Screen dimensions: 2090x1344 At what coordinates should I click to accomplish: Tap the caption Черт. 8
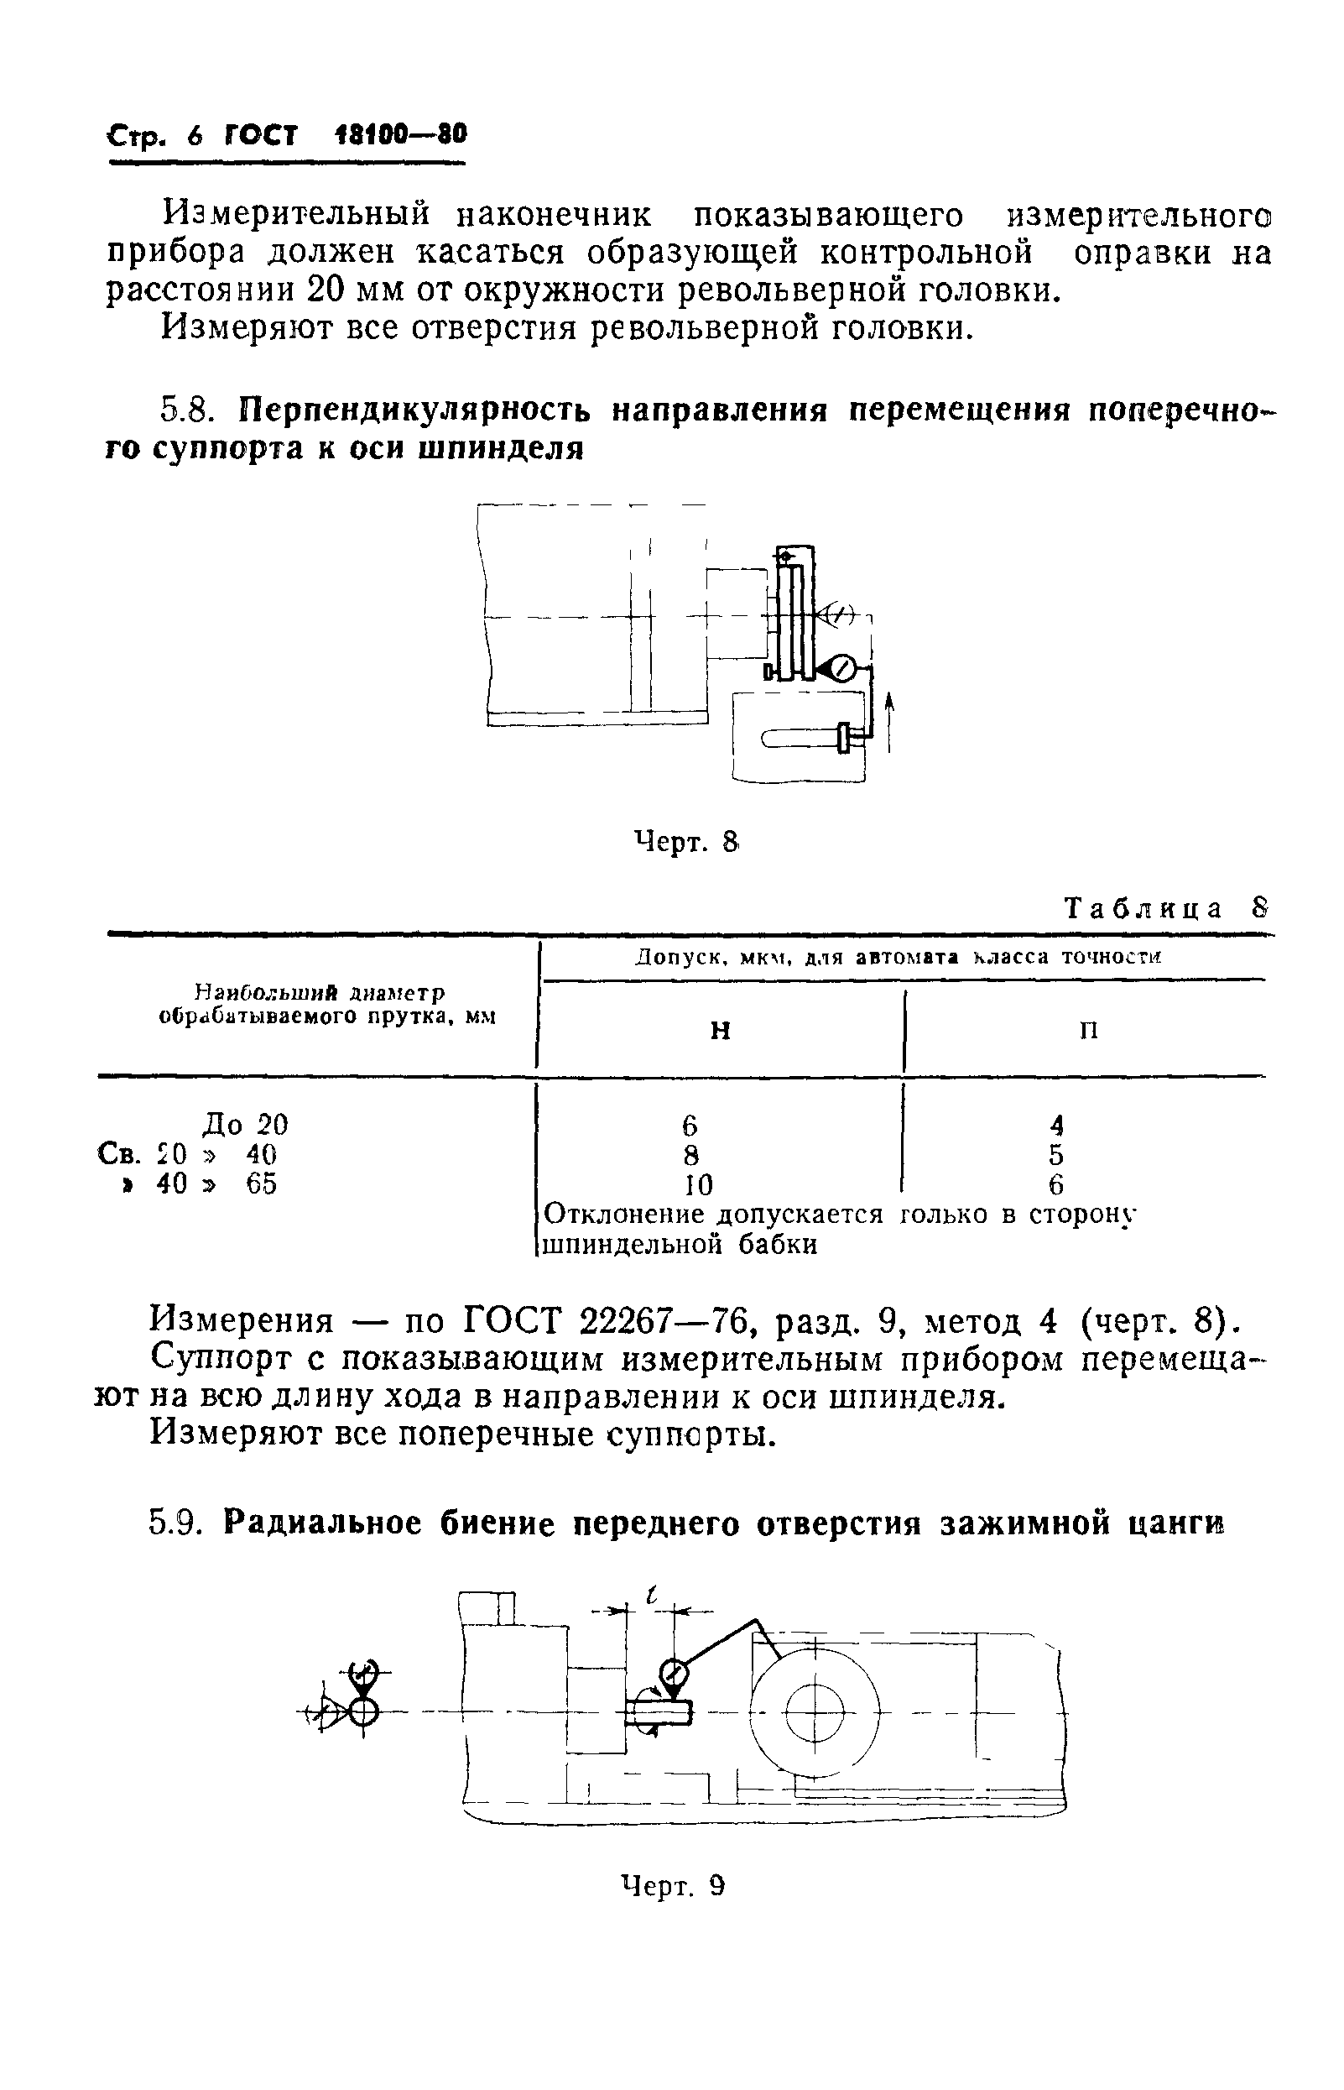point(686,843)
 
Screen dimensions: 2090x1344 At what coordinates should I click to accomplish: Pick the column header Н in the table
point(720,1031)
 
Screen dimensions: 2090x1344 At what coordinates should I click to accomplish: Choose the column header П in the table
point(1088,1031)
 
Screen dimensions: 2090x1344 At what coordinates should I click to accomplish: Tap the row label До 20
point(244,1125)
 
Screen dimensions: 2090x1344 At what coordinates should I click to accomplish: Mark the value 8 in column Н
point(691,1155)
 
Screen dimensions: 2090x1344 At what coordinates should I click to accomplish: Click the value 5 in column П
point(1056,1155)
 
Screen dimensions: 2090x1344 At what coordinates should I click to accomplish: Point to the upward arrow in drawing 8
point(888,722)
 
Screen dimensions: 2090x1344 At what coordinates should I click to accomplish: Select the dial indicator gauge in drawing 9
point(673,1673)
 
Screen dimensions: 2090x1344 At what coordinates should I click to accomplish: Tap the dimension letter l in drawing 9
point(651,1596)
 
